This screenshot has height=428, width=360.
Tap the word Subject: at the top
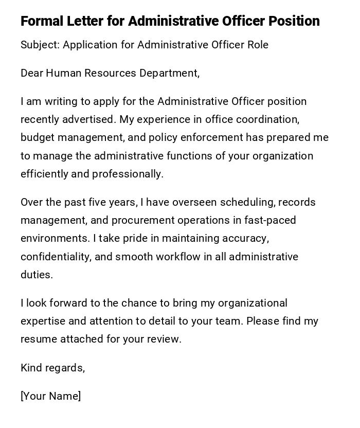tap(40, 45)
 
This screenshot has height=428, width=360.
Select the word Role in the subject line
tap(258, 45)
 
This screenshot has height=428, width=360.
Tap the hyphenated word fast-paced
tap(270, 220)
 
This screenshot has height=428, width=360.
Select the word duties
tap(37, 275)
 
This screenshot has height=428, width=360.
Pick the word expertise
tap(43, 322)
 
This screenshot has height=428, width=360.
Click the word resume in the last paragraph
tap(39, 340)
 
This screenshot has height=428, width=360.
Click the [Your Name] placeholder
tap(50, 396)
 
